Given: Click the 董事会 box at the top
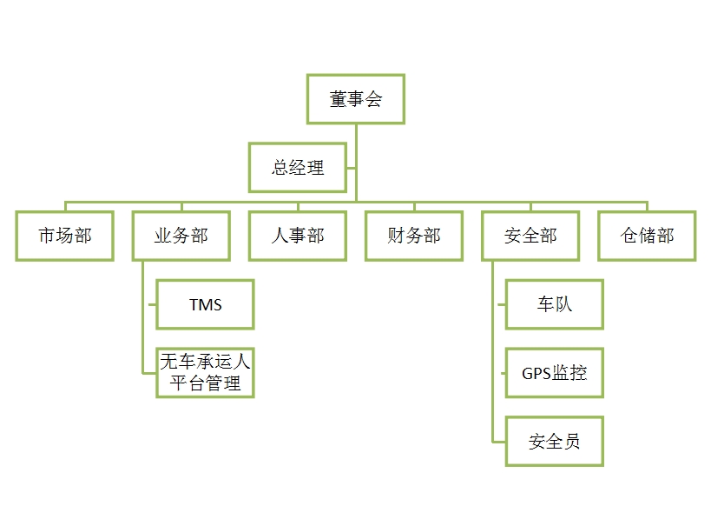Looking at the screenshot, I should [x=356, y=99].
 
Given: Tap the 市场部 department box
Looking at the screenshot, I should [x=65, y=236].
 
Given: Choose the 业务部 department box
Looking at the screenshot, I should [x=181, y=236].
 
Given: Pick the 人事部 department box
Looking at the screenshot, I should [x=298, y=236].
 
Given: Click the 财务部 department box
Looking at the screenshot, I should [x=414, y=236].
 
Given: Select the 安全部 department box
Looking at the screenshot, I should [x=530, y=236].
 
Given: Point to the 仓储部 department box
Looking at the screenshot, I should [x=647, y=236].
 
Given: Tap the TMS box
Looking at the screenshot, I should [x=205, y=304].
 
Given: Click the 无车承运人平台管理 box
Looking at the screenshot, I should [x=205, y=372].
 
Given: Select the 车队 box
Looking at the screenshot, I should [x=554, y=304].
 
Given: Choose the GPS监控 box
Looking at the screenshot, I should [x=554, y=373].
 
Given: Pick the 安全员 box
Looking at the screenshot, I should [x=554, y=441].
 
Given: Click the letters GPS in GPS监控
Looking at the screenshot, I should [x=536, y=374].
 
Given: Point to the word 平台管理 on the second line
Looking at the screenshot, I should [x=205, y=383].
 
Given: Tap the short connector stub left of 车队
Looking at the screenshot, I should [x=499, y=304].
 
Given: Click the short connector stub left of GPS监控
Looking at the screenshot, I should [x=499, y=373].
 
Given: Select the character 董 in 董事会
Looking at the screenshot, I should [x=339, y=99].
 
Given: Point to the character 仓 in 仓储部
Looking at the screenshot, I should [x=629, y=236].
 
